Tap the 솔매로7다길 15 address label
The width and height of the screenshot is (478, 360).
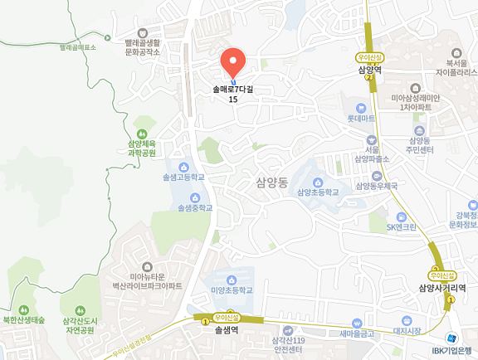point(232,94)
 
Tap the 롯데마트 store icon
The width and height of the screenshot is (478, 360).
point(360,108)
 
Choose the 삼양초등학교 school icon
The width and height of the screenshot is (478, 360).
point(318,182)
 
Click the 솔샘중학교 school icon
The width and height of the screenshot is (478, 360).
point(195,197)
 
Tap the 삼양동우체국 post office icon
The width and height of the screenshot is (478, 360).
point(378,176)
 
